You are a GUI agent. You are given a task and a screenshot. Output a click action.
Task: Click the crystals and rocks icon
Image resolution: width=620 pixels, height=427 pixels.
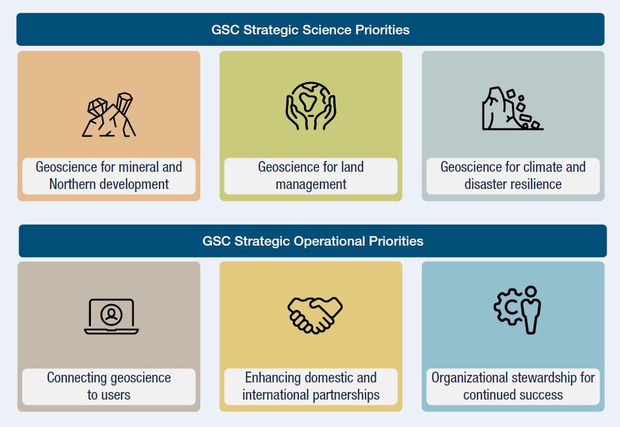[x=109, y=115]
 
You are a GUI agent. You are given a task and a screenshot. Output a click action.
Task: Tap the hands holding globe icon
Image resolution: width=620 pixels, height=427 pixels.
[x=311, y=106]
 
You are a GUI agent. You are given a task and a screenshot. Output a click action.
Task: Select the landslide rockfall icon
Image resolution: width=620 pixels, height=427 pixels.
[x=513, y=108]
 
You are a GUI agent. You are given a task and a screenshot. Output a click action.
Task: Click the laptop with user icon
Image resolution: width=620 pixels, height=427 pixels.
[x=111, y=316]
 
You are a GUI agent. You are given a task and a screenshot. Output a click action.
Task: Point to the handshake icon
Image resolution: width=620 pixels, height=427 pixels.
[x=315, y=316]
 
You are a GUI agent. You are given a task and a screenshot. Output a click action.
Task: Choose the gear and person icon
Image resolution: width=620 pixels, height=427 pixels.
[x=517, y=310]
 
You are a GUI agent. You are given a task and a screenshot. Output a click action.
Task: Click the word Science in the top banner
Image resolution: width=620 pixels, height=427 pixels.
[x=327, y=30]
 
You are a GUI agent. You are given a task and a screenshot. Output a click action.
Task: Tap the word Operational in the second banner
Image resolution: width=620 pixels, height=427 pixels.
[x=329, y=241]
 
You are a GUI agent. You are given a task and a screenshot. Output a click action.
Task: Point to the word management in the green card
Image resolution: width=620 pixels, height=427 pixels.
[x=311, y=185]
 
